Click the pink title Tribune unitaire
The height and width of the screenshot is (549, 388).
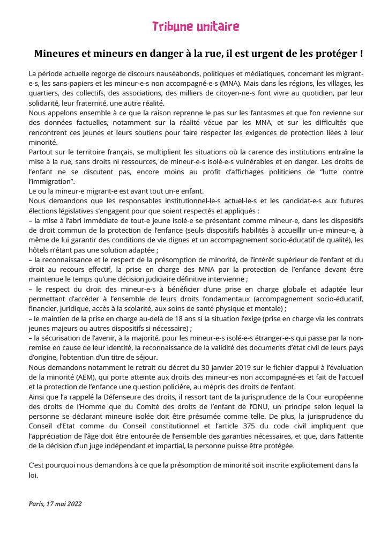(196, 27)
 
